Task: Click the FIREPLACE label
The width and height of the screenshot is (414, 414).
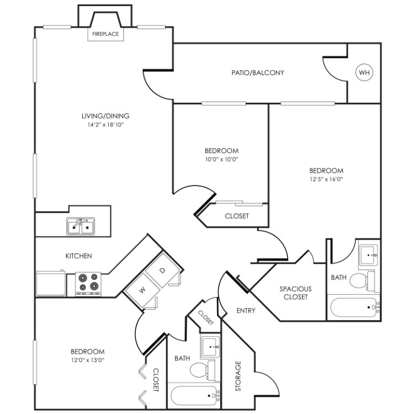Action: tap(105, 34)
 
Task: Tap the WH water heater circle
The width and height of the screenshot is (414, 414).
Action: tap(364, 72)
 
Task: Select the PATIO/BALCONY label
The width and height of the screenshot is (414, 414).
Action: tap(258, 73)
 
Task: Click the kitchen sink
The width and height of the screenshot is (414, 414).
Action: tap(81, 226)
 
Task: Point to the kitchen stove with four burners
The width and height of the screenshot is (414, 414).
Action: tap(88, 284)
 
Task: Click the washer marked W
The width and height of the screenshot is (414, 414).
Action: tap(142, 290)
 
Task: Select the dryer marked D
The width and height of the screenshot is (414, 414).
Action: tap(162, 270)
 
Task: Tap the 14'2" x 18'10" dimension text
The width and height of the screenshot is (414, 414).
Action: tap(105, 125)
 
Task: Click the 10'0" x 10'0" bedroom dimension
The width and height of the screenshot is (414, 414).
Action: tap(222, 159)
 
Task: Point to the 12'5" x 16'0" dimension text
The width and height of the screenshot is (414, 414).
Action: tap(326, 179)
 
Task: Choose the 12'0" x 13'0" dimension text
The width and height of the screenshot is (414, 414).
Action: tap(88, 360)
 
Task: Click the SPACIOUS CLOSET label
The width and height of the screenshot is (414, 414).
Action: tap(296, 293)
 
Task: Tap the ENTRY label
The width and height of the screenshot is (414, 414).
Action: tap(246, 311)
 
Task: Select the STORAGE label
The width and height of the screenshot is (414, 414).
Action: tap(238, 376)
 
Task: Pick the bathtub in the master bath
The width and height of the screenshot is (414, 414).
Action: tap(354, 307)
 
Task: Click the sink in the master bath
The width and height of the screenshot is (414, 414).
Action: tap(368, 255)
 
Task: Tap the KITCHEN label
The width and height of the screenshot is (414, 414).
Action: tap(79, 256)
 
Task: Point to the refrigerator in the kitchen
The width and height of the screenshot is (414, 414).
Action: tap(51, 283)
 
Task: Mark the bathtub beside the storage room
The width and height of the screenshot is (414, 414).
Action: tap(195, 396)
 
